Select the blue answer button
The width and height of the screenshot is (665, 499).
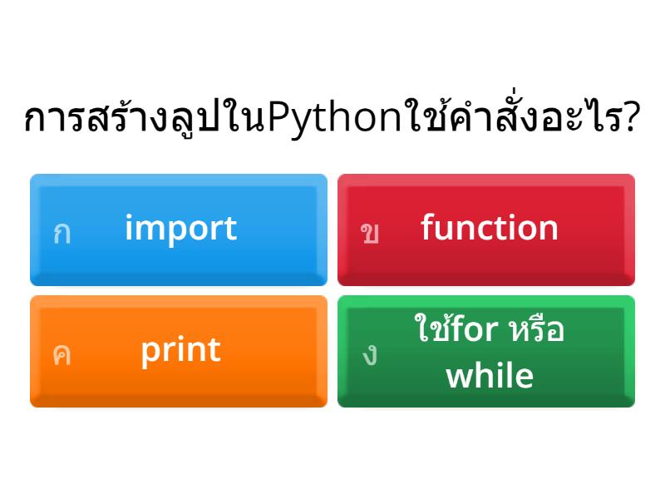[179, 229]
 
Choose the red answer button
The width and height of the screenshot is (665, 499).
[486, 229]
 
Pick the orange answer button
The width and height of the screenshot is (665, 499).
[179, 351]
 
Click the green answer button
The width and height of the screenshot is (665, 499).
[486, 351]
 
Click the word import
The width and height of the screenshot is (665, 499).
[180, 228]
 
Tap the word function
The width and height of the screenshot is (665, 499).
[489, 228]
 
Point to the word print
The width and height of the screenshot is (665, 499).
[180, 350]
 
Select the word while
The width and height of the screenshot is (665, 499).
[490, 375]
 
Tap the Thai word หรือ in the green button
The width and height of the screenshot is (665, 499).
[536, 330]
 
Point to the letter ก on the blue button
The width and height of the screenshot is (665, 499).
[62, 233]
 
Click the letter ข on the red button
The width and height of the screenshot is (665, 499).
[370, 233]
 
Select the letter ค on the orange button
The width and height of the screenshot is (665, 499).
[62, 354]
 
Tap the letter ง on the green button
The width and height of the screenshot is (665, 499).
[370, 354]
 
